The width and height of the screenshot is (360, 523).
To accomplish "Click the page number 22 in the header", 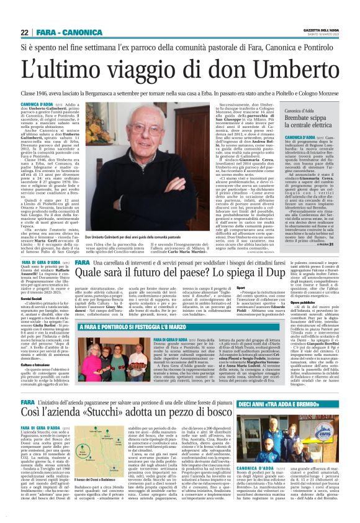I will coord(24,32).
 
